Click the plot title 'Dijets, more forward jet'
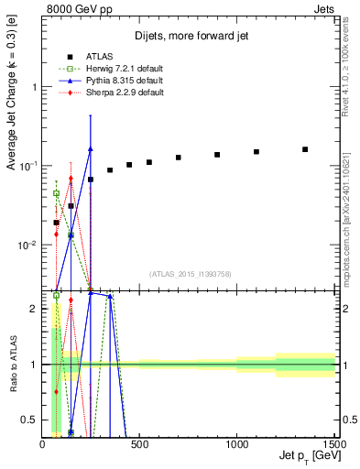[x=189, y=36]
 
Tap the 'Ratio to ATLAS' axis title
[x=13, y=364]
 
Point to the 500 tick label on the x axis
[x=140, y=444]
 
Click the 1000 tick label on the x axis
[x=236, y=444]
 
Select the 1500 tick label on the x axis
[x=333, y=444]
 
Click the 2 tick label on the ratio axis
[x=35, y=310]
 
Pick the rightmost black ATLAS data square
[x=305, y=149]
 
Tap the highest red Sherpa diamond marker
[x=71, y=179]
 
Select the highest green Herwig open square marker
[x=57, y=193]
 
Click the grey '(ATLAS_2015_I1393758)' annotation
[x=191, y=273]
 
